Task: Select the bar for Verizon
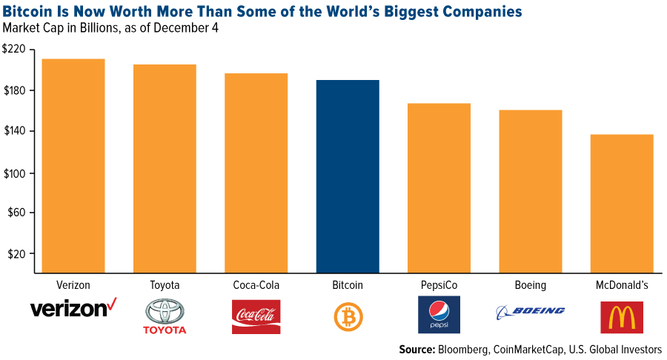[73, 166]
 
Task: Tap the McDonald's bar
[622, 204]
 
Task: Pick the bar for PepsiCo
[439, 188]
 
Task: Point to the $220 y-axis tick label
[13, 50]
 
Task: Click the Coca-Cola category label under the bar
[256, 284]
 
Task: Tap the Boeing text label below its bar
[530, 284]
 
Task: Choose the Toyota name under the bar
[165, 284]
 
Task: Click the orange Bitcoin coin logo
[348, 316]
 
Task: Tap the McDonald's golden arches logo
[622, 316]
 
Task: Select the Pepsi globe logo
[439, 311]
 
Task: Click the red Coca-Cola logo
[256, 316]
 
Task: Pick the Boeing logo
[530, 311]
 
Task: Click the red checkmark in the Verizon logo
[113, 304]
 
